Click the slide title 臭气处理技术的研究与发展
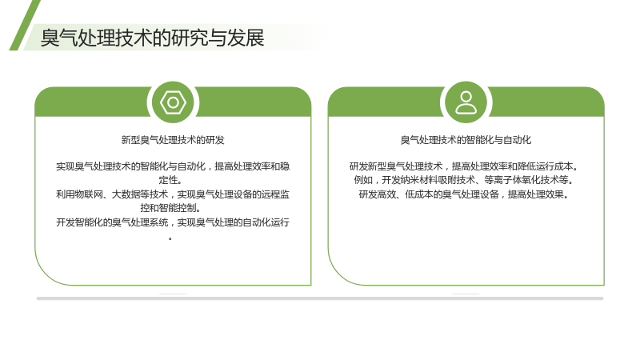[152, 38]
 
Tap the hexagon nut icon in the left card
[173, 102]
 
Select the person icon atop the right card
[466, 102]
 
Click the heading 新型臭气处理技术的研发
[173, 140]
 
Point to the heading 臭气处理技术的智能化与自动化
[466, 140]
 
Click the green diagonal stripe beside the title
[25, 26]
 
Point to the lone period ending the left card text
[170, 238]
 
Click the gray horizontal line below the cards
[320, 298]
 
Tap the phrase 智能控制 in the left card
[178, 208]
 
